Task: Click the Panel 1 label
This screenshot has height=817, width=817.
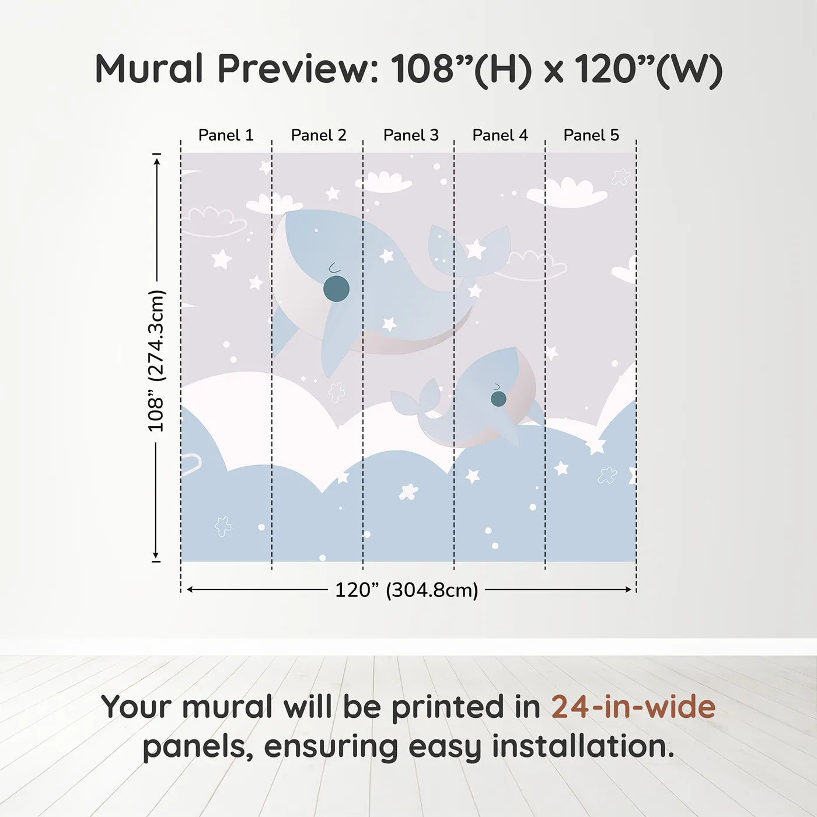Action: tap(226, 135)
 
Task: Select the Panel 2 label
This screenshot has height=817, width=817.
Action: tap(319, 135)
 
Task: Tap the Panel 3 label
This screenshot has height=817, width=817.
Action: tap(411, 135)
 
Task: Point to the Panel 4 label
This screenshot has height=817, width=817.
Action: tap(500, 135)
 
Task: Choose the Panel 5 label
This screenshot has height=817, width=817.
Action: tap(591, 135)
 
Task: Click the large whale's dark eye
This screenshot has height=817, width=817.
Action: tap(336, 289)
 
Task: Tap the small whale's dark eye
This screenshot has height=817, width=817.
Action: tap(498, 399)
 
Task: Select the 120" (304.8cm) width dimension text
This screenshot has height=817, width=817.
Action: tap(407, 590)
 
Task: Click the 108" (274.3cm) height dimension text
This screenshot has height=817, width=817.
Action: tap(156, 361)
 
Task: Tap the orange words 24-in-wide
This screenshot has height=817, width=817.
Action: tap(633, 707)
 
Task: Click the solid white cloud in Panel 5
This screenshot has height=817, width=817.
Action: tap(567, 193)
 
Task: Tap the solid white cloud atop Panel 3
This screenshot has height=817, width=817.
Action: tap(383, 182)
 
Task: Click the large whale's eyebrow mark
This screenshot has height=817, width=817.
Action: tap(334, 267)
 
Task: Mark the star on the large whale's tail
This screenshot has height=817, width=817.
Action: tap(476, 249)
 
